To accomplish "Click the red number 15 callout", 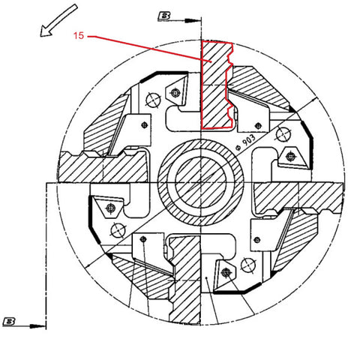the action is coord(79,35).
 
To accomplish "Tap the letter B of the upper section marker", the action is coord(164,16).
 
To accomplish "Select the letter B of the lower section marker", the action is coord(9,322).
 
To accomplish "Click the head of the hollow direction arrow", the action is coord(46,31).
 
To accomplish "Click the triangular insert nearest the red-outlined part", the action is coord(175,93).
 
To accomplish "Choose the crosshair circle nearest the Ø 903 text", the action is coord(283,134).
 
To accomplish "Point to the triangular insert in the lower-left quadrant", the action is coord(110,207).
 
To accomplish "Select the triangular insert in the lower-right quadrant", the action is coord(226,272).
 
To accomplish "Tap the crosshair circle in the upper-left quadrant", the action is coord(153,100).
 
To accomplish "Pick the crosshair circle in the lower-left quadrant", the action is coord(118,229).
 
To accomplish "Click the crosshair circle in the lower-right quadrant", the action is coord(247,264).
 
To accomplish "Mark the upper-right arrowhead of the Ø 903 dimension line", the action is coord(313,100).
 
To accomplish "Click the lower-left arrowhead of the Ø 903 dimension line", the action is coord(89,265).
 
